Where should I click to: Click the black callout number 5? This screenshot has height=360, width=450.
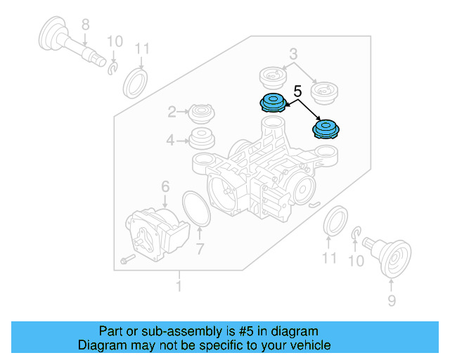297,91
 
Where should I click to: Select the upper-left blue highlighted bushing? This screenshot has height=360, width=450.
273,103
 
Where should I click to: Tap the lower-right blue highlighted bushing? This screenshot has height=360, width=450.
326,129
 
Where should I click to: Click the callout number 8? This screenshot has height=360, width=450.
86,25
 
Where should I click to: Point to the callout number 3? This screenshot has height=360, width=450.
293,53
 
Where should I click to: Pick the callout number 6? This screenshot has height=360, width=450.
165,186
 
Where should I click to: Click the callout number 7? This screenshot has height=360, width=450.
200,249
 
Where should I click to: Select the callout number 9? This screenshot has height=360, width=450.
392,300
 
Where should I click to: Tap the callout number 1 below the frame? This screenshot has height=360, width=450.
179,286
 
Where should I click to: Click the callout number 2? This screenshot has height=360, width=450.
172,112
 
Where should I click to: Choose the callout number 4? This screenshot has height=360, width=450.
170,141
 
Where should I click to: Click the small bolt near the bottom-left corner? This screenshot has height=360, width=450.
128,259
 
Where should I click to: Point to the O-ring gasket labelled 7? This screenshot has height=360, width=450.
196,209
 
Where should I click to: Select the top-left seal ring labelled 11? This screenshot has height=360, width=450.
136,83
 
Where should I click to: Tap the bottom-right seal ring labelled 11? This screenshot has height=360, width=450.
335,221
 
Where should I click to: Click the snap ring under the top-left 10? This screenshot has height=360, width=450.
112,68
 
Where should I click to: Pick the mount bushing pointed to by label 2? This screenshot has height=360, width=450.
202,114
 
